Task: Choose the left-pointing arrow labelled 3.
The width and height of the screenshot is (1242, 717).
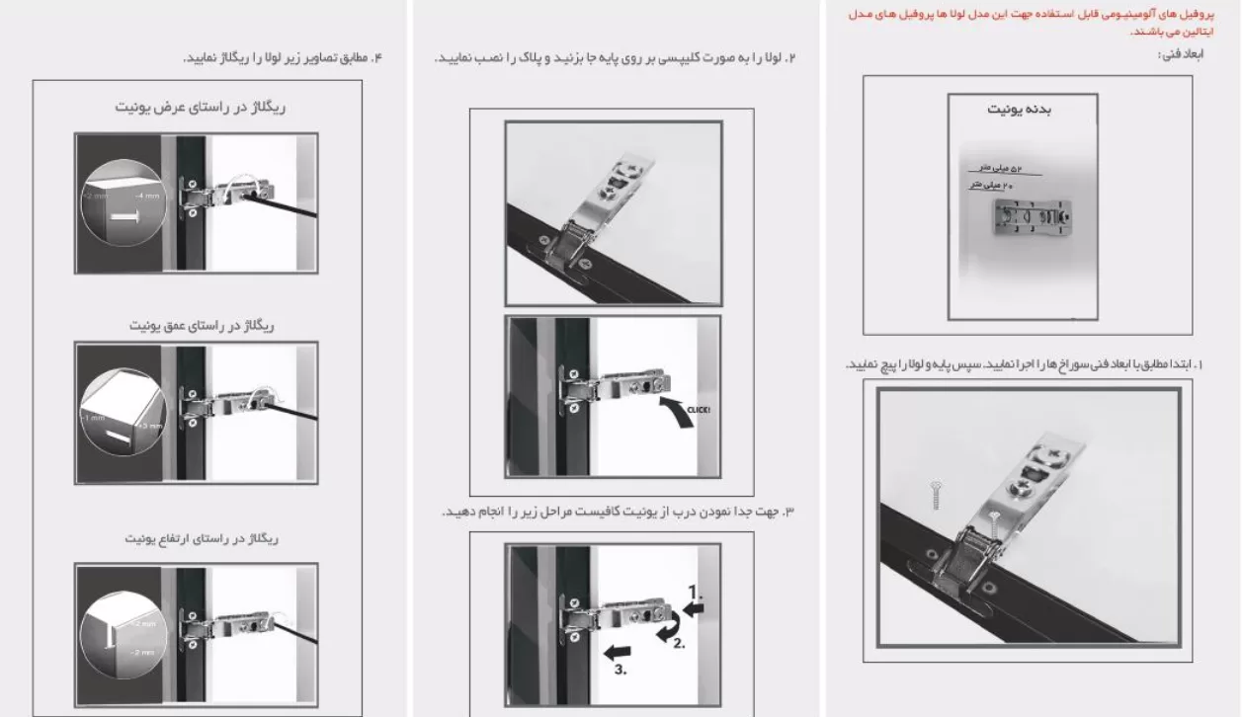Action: [620, 653]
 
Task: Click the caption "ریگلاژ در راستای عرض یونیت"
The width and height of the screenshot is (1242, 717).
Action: [199, 108]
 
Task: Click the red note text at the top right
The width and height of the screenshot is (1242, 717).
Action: [1036, 23]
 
